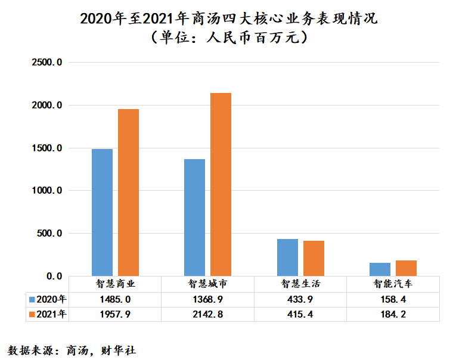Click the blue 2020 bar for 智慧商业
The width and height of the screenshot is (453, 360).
[x=102, y=212]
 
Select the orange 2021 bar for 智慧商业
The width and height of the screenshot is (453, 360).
[x=128, y=192]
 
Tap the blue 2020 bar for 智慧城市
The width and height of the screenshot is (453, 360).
[x=194, y=217]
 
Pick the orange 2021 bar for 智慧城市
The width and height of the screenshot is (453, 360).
[x=221, y=184]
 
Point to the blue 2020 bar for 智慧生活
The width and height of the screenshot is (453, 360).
[x=287, y=257]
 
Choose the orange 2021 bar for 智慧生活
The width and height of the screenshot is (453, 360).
[x=314, y=258]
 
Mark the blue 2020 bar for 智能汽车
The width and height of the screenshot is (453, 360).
[x=380, y=269]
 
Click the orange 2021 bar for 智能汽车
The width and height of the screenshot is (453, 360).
[x=406, y=268]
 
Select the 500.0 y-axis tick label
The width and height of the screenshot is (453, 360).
[x=49, y=234]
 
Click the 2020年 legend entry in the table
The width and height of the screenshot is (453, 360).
[x=48, y=299]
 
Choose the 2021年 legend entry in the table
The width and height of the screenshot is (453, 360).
[x=48, y=314]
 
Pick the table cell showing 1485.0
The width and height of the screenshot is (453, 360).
[x=116, y=299]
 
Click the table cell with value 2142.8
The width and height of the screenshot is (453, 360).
[x=208, y=314]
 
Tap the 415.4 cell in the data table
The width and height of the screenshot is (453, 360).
[x=300, y=314]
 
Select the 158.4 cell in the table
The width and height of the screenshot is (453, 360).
[x=393, y=299]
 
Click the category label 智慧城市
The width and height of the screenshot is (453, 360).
[x=208, y=284]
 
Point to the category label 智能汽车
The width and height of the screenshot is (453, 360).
[x=393, y=284]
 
